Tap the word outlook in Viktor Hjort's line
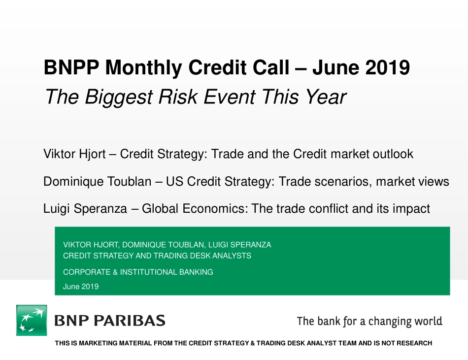point(392,154)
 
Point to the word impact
point(411,209)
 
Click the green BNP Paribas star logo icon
point(32,321)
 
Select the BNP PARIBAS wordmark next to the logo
point(109,321)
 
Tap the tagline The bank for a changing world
point(369,322)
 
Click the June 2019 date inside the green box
point(81,287)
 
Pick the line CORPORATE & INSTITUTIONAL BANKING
point(138,272)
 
